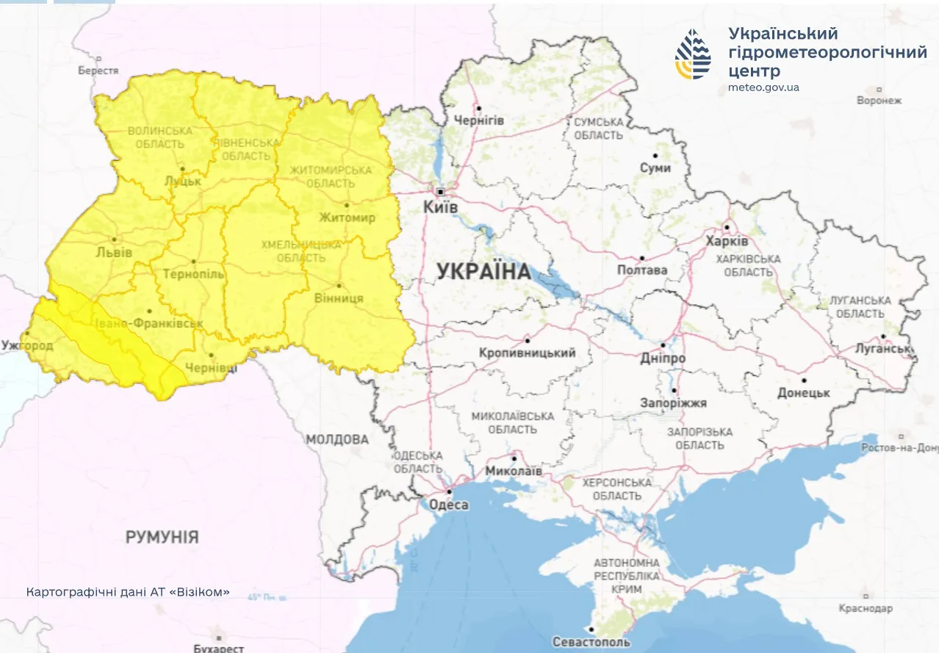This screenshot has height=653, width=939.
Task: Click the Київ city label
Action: point(441,208)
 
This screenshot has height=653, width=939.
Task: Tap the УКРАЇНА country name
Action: point(483,272)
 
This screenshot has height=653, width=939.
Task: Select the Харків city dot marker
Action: point(726,227)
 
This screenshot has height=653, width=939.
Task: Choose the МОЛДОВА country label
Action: point(337,439)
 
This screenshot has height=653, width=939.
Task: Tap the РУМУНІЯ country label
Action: point(162,537)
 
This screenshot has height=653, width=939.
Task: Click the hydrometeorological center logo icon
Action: point(694,54)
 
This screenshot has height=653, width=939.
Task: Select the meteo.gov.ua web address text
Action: point(763,87)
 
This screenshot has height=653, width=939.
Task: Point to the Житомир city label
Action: point(347,217)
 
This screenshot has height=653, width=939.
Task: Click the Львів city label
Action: point(115,252)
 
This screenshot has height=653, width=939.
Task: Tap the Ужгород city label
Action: point(27,344)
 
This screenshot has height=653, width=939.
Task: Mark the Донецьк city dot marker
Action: point(805,380)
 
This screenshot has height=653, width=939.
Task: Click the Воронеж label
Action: point(879,100)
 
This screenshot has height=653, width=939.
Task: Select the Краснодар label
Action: point(866,608)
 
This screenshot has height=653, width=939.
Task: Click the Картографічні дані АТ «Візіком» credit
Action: point(128,591)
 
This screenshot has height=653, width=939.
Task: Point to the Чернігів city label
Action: point(479,120)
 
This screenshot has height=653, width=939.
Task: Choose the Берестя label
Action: point(98,71)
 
